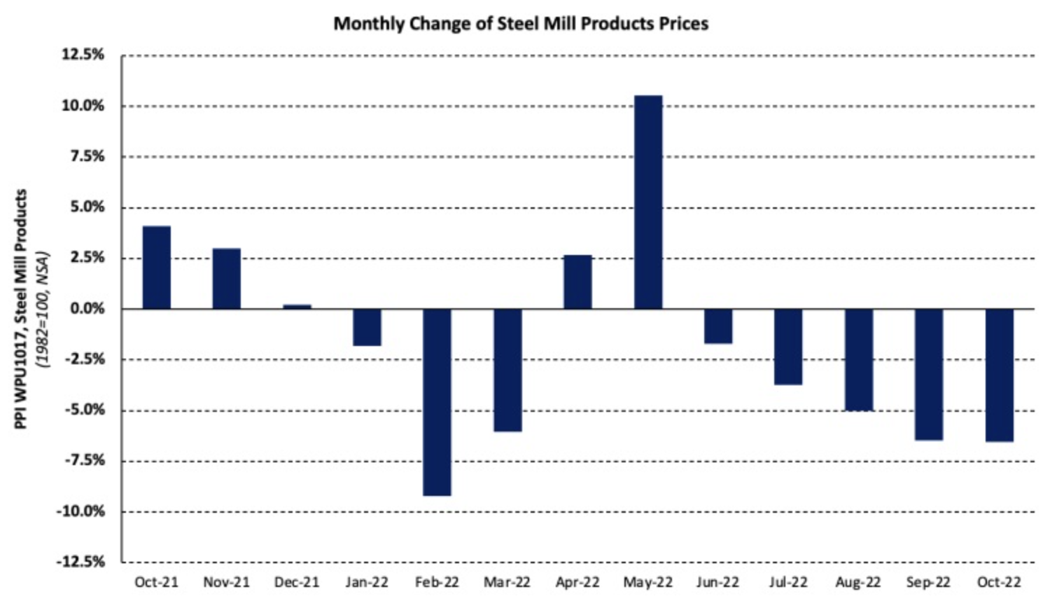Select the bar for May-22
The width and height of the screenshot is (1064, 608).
647,202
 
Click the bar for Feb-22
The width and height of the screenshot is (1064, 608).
437,402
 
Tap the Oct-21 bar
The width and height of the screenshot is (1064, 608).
156,268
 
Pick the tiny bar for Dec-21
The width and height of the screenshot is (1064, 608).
297,307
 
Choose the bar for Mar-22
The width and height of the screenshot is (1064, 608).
507,370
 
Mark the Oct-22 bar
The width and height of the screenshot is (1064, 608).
999,375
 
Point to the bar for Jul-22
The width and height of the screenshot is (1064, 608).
788,347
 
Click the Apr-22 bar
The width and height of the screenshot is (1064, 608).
577,282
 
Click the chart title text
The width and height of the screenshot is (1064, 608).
521,24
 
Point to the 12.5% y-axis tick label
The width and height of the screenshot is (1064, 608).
83,55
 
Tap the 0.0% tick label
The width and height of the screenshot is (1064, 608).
85,309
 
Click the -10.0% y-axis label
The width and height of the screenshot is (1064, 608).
80,511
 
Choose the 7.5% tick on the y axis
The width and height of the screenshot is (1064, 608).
85,156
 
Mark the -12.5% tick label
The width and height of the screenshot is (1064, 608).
80,562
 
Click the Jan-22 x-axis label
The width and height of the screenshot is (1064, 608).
367,582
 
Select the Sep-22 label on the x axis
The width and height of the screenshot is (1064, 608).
928,582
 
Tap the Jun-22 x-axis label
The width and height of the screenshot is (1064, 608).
717,582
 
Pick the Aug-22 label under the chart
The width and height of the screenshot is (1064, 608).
858,582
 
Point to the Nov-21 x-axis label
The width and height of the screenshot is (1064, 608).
226,582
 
